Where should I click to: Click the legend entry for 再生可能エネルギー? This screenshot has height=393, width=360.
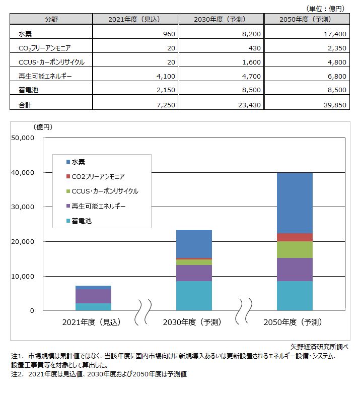[x=99, y=206]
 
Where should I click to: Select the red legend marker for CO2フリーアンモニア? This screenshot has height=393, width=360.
[x=68, y=177]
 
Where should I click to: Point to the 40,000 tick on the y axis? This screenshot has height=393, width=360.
[x=22, y=172]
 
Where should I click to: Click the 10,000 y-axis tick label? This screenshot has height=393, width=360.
[x=22, y=276]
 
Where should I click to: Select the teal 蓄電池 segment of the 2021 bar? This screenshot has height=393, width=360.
[x=94, y=307]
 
